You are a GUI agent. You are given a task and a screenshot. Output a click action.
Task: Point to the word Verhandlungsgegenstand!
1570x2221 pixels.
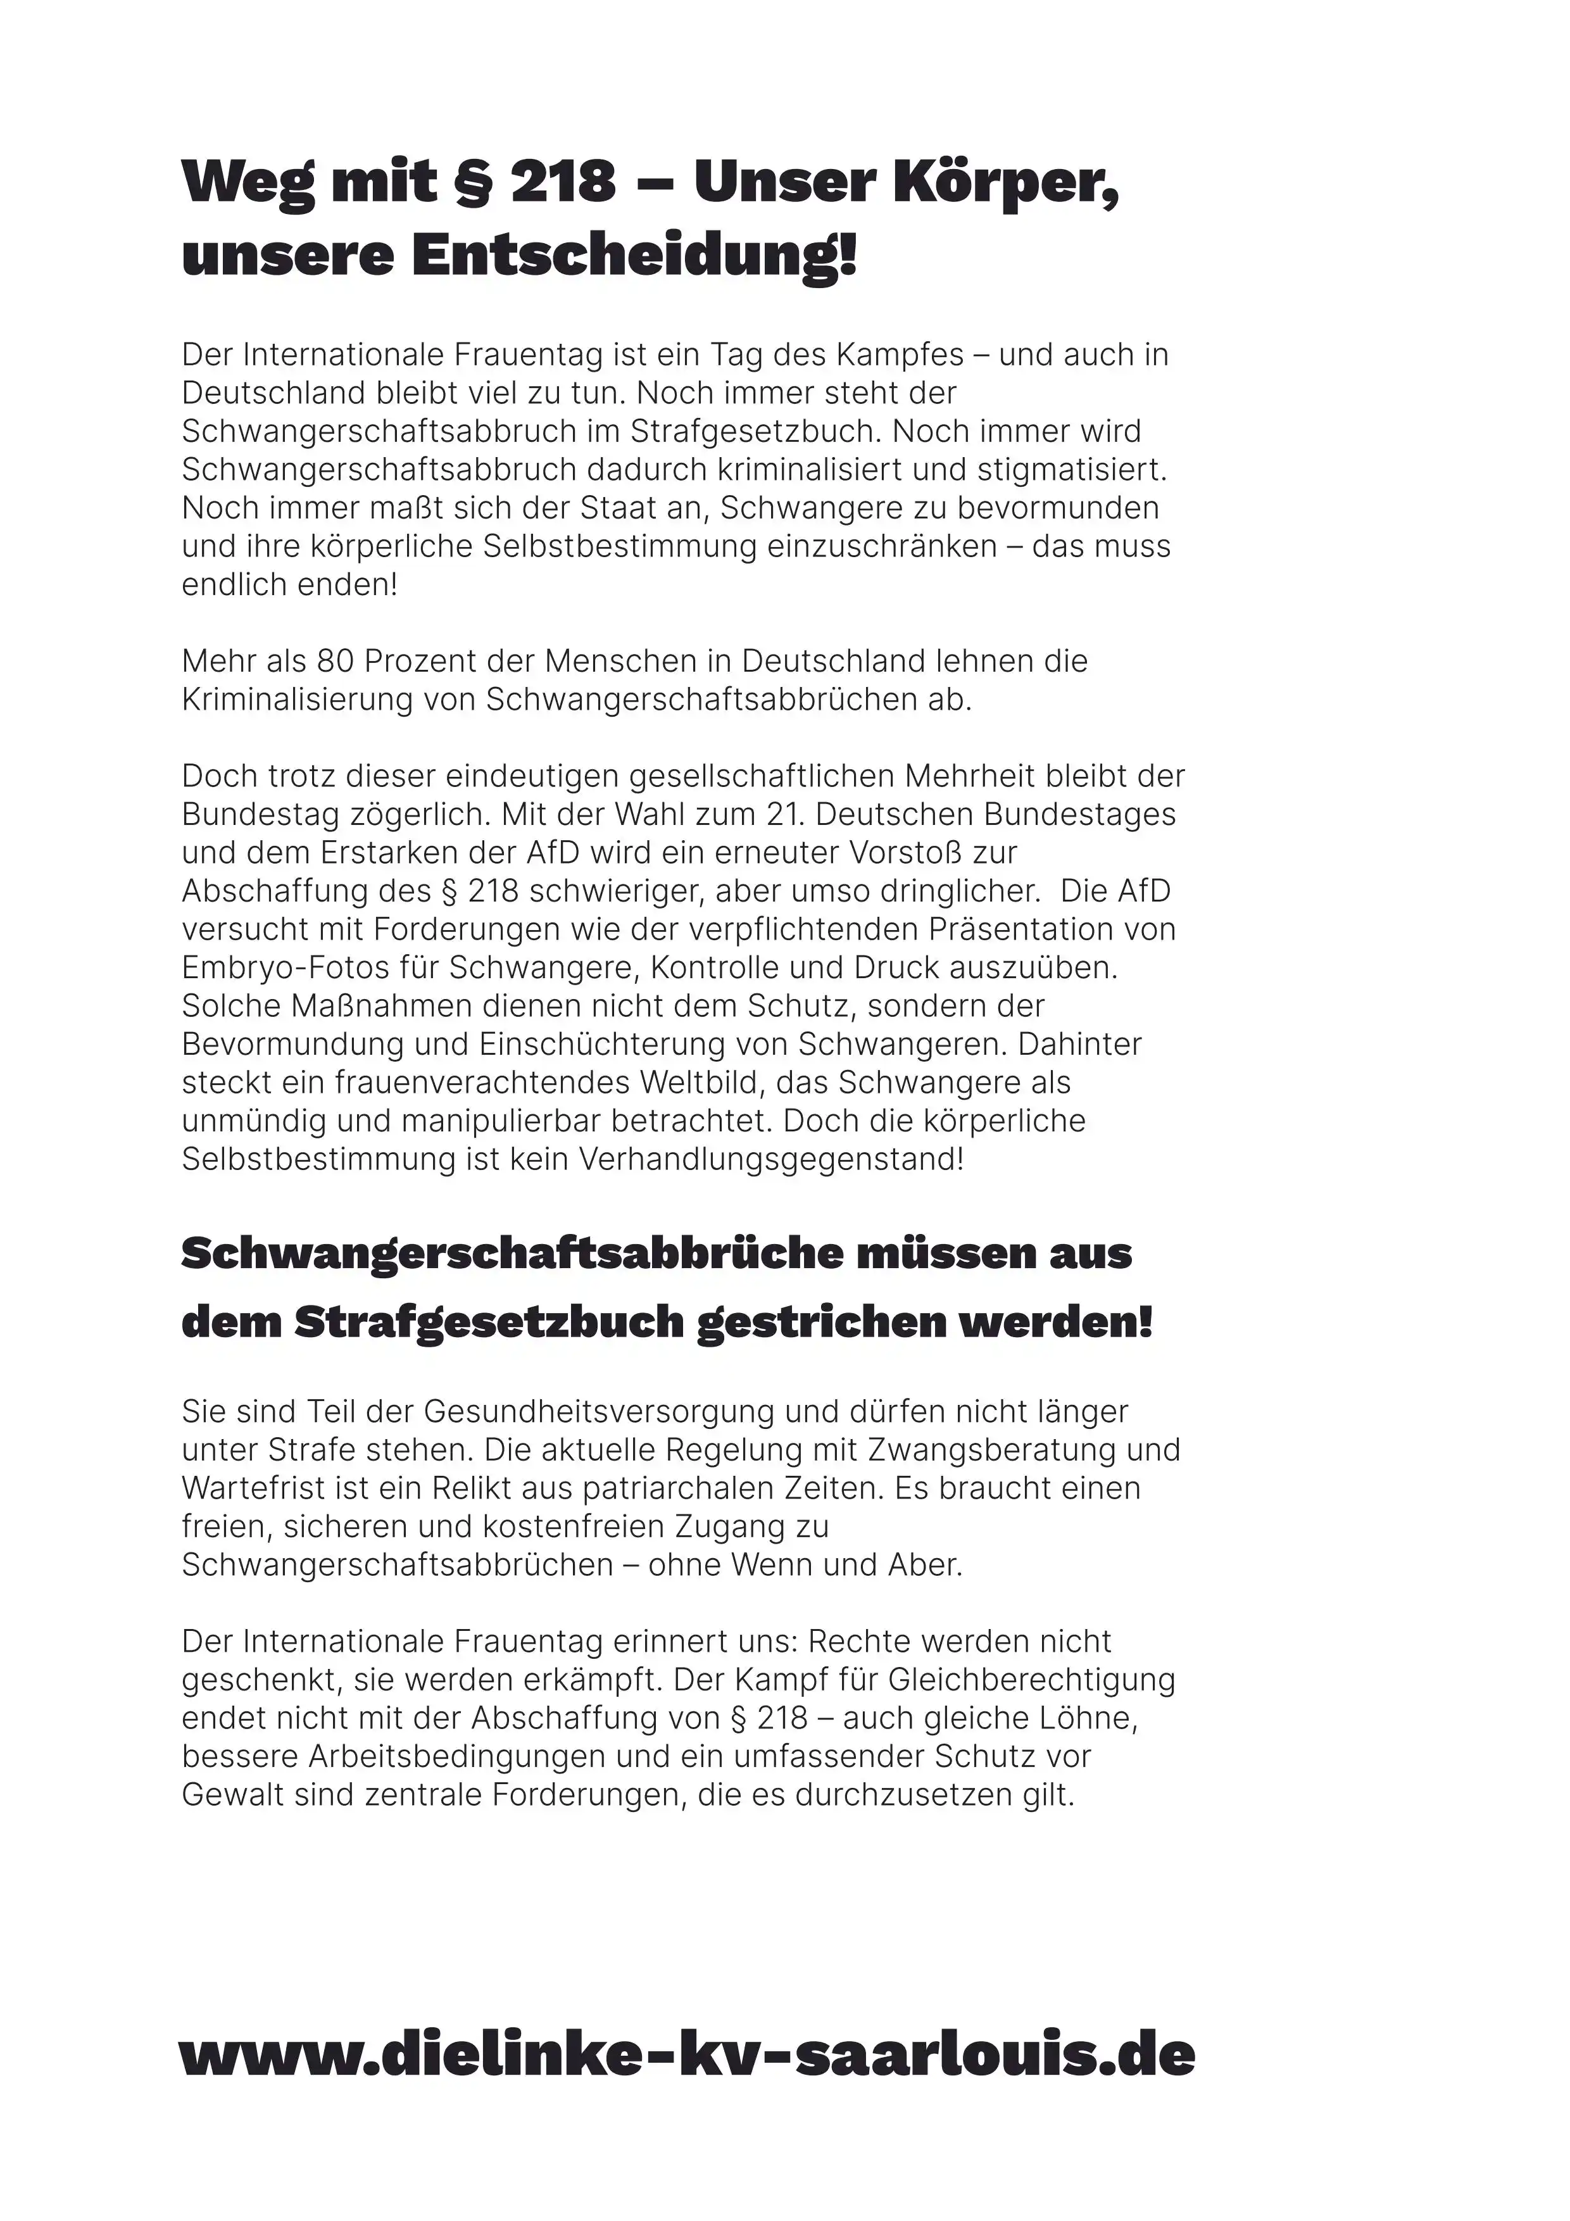coord(771,1159)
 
